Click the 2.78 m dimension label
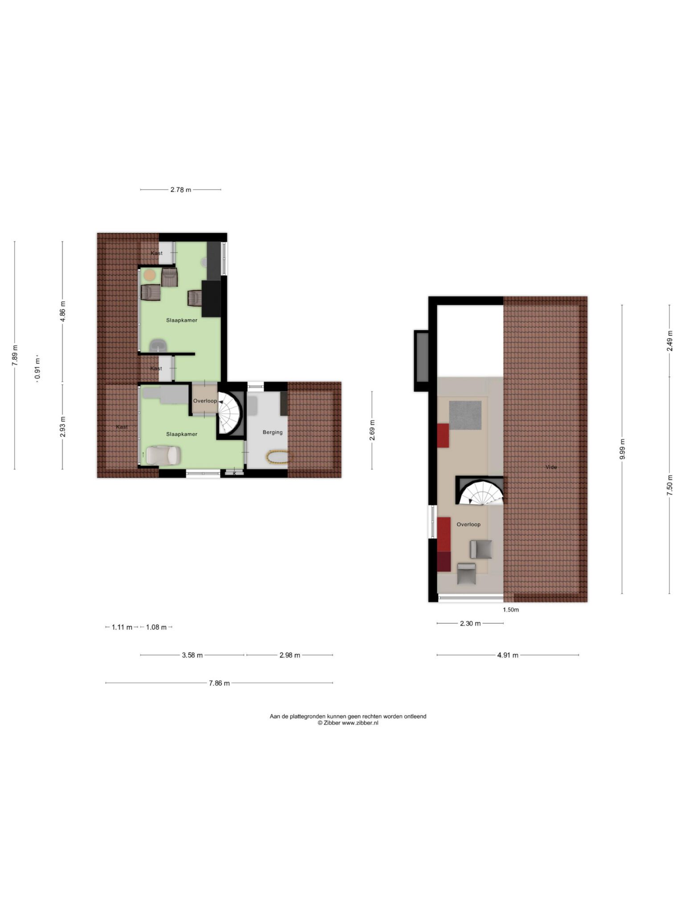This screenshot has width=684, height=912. coord(181,190)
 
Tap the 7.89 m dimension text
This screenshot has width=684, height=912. coord(15,355)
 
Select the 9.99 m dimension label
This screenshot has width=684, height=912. coord(622,449)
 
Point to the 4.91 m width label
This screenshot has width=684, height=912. coord(508,655)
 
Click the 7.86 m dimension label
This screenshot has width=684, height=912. coord(219,683)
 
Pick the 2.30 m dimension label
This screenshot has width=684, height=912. coord(470,623)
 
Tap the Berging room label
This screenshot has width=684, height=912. coord(273,432)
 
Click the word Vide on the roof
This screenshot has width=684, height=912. coord(551,467)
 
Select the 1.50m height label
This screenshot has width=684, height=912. coord(511,610)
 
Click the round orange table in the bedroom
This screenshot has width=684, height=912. coord(150,275)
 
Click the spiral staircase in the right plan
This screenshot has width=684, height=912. coord(481,492)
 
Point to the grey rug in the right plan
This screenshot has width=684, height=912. coord(465,415)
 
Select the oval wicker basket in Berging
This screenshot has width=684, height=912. coord(277,458)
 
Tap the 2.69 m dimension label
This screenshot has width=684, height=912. coord(372,430)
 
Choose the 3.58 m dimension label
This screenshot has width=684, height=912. coord(192,655)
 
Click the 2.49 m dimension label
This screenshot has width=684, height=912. coord(670,341)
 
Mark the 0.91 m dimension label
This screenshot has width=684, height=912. coord(37,369)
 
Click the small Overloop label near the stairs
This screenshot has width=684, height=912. coord(205,401)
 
